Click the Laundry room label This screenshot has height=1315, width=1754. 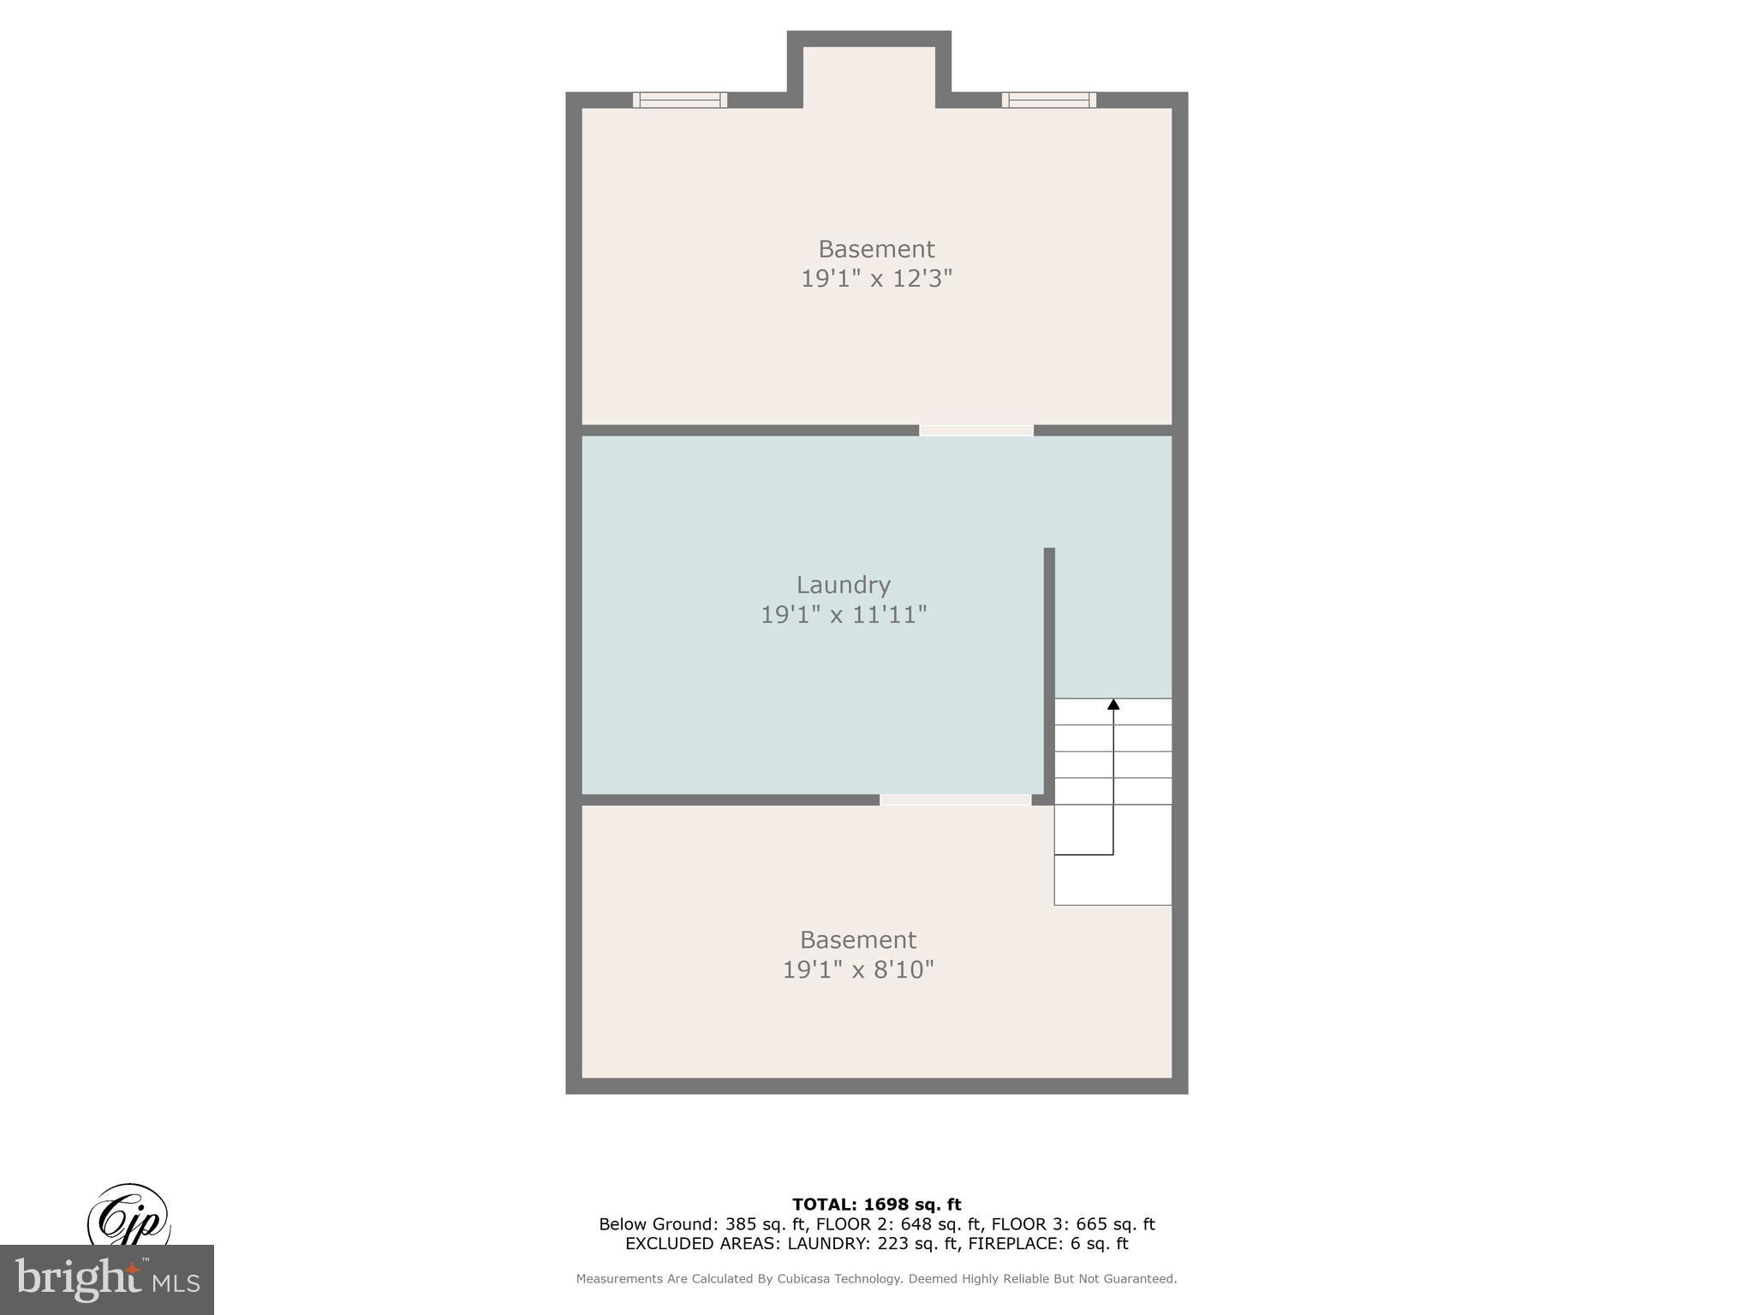click(844, 585)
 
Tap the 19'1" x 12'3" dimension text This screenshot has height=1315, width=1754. click(876, 279)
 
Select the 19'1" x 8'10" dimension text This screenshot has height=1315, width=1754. click(858, 970)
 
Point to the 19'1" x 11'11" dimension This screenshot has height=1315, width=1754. click(844, 615)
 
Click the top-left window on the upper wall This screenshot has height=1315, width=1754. click(680, 100)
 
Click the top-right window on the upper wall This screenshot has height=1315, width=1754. click(1049, 100)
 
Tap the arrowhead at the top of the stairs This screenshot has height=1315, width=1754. click(1113, 705)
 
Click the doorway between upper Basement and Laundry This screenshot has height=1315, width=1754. click(976, 431)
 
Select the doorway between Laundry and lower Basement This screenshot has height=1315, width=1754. click(955, 800)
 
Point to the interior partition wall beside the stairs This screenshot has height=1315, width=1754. click(1049, 668)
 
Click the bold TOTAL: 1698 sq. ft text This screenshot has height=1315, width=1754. click(876, 1205)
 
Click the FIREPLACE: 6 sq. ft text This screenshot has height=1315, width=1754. click(1048, 1244)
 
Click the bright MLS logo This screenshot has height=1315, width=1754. click(107, 1280)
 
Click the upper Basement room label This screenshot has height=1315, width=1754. click(876, 249)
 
